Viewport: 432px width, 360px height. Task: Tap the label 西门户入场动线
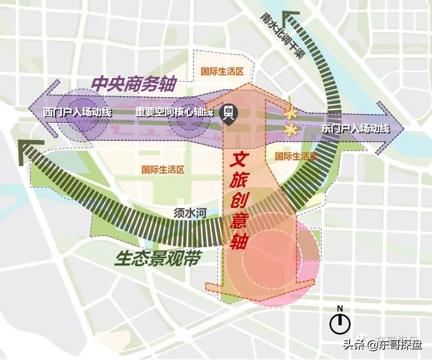pyautogui.click(x=78, y=113)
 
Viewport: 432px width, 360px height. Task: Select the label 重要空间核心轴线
pyautogui.click(x=174, y=113)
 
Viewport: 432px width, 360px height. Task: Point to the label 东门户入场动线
pyautogui.click(x=356, y=129)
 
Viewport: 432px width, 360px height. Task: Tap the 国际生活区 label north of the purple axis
pyautogui.click(x=222, y=72)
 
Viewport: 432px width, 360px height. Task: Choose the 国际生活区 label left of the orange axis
pyautogui.click(x=163, y=170)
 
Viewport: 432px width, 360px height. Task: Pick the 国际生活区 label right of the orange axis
pyautogui.click(x=296, y=156)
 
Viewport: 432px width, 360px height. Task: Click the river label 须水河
pyautogui.click(x=190, y=213)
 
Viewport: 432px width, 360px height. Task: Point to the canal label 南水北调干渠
pyautogui.click(x=280, y=36)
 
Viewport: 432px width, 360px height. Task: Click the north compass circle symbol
pyautogui.click(x=340, y=324)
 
